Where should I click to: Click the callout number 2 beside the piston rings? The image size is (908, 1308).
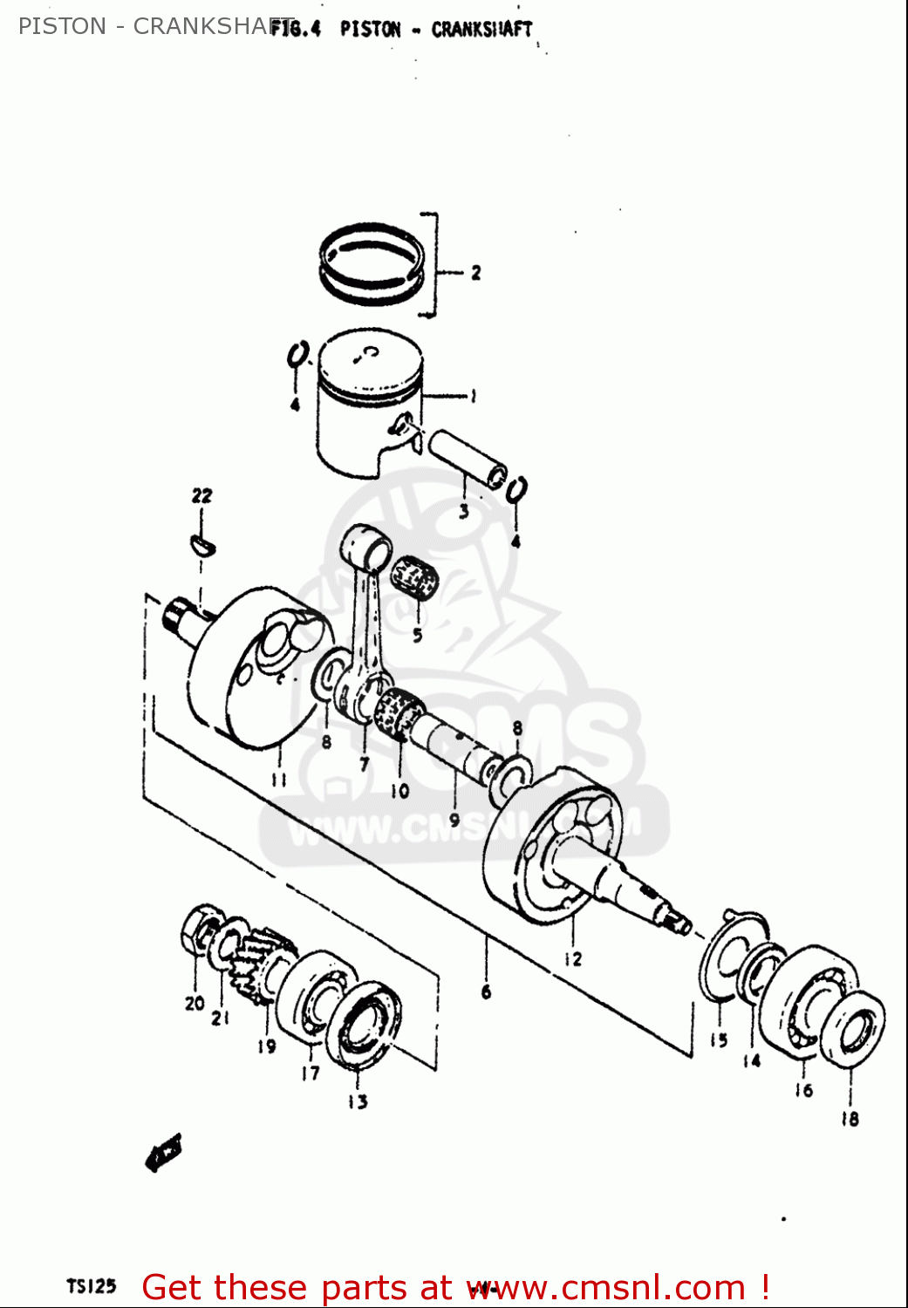point(475,273)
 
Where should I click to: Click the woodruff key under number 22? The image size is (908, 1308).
point(202,545)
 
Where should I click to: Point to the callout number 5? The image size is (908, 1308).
point(417,636)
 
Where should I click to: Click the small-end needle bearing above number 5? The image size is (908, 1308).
point(413,576)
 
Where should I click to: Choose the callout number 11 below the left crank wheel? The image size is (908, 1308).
point(278,779)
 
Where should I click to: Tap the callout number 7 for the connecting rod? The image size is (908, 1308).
point(364,765)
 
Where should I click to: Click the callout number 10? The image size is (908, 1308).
point(399,791)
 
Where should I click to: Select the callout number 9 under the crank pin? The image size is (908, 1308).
point(454,820)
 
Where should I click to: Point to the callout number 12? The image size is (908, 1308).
point(572,959)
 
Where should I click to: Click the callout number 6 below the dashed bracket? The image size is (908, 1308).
point(486,991)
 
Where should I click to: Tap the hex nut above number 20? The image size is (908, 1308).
point(197,931)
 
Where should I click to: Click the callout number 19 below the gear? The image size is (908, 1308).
point(266,1046)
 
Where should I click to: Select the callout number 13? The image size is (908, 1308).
point(358,1101)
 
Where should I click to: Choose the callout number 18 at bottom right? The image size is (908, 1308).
point(850,1118)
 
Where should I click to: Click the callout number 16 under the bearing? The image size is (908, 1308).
point(803,1089)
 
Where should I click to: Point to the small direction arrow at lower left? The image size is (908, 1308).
point(163,1153)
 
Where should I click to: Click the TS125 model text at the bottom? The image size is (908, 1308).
point(91,1286)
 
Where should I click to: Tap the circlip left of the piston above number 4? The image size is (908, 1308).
point(297,355)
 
